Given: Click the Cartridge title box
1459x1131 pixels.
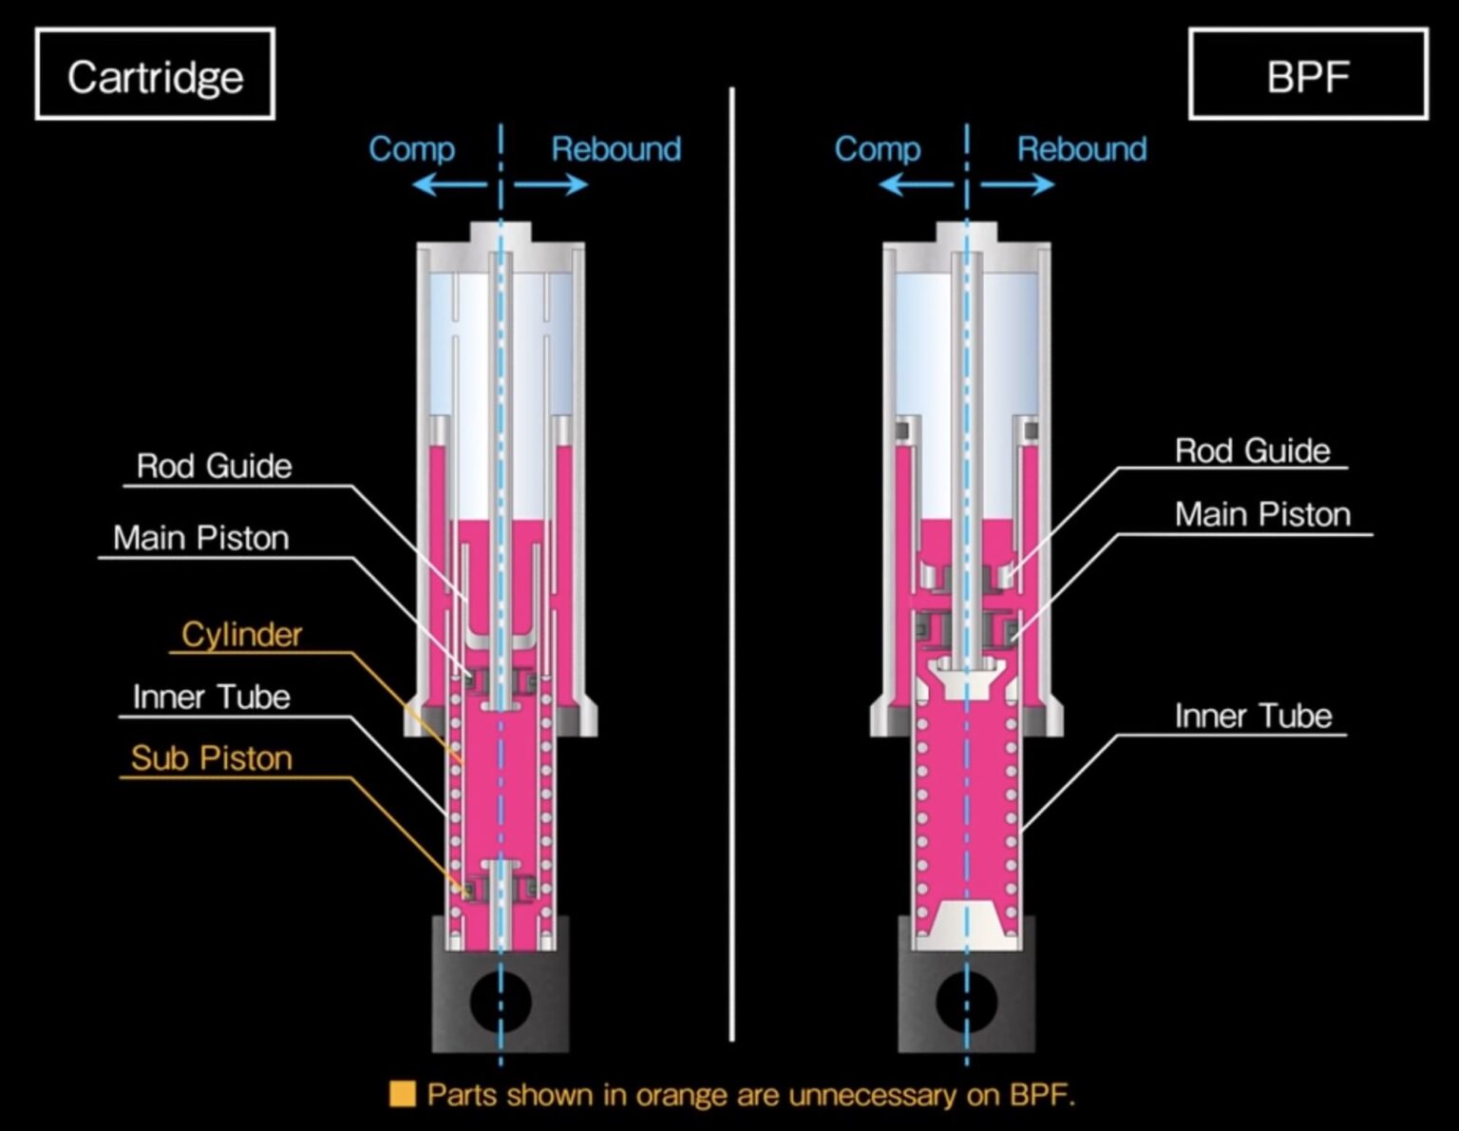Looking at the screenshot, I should tap(155, 75).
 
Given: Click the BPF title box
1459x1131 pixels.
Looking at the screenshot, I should tap(1307, 75).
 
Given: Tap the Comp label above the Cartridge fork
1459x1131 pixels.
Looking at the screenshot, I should tap(411, 149).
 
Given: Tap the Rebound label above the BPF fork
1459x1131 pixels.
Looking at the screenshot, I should tap(1082, 149).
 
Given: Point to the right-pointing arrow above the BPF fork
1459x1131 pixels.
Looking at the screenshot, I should tap(1018, 183).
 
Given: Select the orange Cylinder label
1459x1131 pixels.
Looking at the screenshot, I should tap(241, 634).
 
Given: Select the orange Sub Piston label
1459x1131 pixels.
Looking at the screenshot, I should tap(211, 758).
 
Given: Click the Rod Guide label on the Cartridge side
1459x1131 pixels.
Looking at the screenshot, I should tap(214, 466).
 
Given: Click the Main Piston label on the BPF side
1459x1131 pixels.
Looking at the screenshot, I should tap(1262, 514).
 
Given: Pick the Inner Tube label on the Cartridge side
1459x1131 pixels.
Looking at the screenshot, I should tap(211, 697).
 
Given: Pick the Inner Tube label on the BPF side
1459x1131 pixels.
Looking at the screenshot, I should tap(1253, 716).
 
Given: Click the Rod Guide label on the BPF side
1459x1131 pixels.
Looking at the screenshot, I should tap(1252, 450).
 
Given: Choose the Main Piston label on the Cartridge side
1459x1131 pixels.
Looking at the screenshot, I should tap(200, 538).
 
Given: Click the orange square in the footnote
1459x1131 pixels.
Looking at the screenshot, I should tap(403, 1094).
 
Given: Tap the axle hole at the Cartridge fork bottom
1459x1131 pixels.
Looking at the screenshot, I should tap(500, 1001).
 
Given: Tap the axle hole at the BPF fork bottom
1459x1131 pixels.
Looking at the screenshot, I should tap(966, 1001).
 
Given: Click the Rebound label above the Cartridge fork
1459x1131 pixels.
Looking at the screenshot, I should tap(616, 149).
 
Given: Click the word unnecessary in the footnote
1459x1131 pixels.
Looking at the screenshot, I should tap(872, 1095).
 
